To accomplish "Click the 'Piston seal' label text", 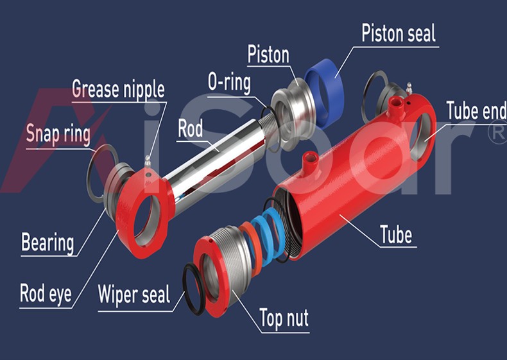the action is [399, 33].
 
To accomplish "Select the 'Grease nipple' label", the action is [118, 90].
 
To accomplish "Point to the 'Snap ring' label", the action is [58, 134].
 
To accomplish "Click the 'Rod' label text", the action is [191, 128].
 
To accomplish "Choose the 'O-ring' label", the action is [229, 82].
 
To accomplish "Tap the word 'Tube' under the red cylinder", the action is [396, 234].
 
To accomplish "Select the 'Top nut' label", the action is [284, 318].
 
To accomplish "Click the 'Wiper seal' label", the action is [134, 295].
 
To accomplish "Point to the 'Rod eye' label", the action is [46, 294].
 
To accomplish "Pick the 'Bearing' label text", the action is [47, 243].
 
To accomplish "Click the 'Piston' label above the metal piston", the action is [268, 55].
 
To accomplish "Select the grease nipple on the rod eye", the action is [148, 162].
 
